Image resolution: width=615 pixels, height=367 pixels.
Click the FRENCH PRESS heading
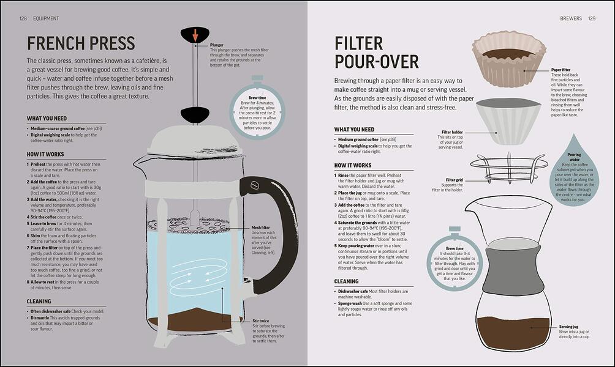[x=81, y=43]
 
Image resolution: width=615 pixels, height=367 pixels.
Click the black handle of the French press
[x=270, y=232]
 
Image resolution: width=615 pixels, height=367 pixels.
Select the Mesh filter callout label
[x=261, y=227]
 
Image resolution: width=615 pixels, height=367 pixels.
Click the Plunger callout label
[x=217, y=45]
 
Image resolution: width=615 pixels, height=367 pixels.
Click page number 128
[x=23, y=18]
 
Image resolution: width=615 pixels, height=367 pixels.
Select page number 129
[x=592, y=18]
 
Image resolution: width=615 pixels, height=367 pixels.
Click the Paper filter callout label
[x=560, y=70]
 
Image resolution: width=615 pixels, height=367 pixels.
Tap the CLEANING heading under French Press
[x=39, y=302]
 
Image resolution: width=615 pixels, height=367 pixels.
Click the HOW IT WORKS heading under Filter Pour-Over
[x=353, y=165]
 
